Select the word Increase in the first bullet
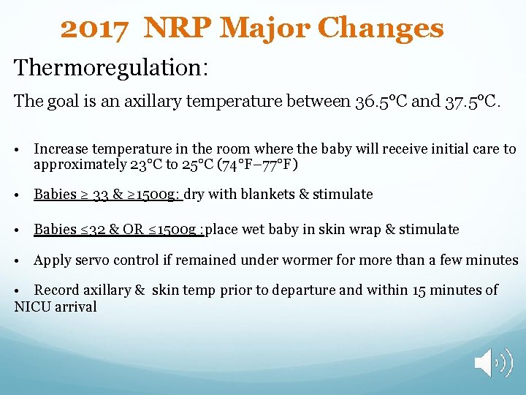(61, 149)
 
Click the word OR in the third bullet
(134, 230)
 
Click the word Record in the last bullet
(58, 290)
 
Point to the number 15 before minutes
(419, 290)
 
